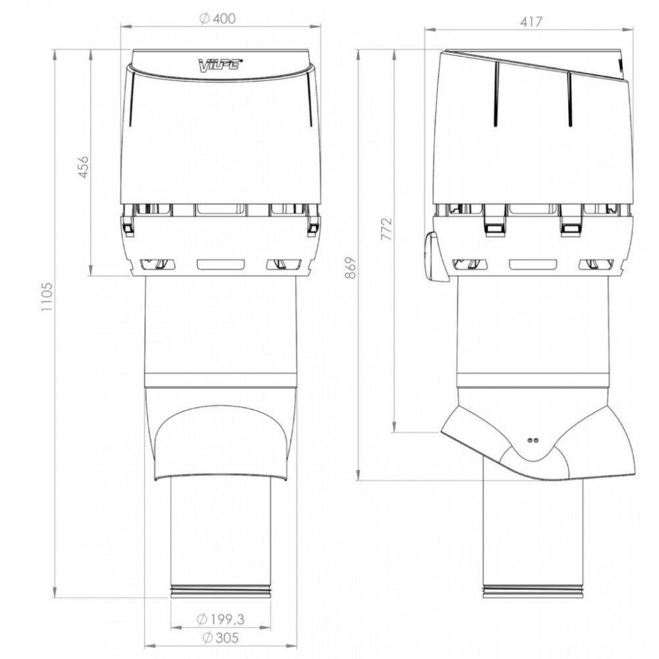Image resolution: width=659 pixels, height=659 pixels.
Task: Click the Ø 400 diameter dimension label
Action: (217, 19)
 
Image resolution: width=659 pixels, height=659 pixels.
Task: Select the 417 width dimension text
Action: (531, 22)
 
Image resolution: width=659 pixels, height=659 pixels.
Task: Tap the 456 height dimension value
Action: (84, 167)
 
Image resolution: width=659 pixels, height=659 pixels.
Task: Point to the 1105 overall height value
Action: (47, 297)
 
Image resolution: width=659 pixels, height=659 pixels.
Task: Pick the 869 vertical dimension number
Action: (350, 268)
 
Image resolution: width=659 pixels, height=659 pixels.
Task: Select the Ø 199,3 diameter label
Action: (221, 619)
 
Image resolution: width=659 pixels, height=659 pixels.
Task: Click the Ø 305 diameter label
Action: (221, 637)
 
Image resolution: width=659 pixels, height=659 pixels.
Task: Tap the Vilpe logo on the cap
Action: (220, 65)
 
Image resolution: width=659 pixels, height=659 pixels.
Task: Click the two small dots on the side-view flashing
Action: (533, 440)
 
